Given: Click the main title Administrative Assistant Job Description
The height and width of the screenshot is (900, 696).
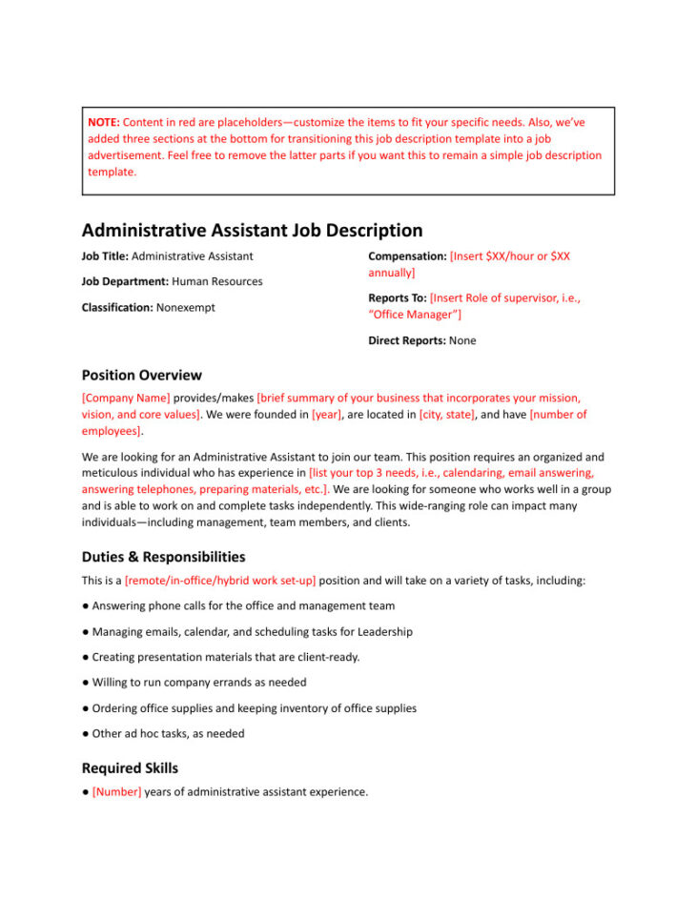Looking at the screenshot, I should pos(252,231).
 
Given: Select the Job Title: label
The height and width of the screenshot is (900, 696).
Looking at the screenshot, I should pos(105,256).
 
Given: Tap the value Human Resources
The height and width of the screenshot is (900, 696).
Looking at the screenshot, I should pos(217,282).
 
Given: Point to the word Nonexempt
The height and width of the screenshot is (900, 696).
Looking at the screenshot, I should pos(186,308).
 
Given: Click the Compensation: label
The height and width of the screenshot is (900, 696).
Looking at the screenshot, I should pos(407,256).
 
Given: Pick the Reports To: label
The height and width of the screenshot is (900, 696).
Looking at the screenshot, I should pos(398,298).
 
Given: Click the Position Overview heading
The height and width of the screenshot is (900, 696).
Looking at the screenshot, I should pos(142,376).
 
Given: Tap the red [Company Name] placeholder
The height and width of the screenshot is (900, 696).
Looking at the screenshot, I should pos(126,399).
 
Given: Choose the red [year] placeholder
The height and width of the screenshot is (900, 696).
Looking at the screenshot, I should pos(328,415).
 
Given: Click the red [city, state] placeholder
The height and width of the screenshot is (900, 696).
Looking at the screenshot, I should pos(446,415).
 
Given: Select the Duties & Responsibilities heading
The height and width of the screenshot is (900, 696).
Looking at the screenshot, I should pos(163,557).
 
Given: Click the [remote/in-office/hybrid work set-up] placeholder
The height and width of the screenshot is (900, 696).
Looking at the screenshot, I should pos(220,581).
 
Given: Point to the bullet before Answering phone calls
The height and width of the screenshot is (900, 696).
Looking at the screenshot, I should pos(86,606).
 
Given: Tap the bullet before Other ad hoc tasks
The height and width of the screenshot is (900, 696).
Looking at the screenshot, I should pos(86,734).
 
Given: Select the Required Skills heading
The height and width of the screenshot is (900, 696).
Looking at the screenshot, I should pos(130,768).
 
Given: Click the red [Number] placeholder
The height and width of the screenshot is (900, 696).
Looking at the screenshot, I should pos(116,792).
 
